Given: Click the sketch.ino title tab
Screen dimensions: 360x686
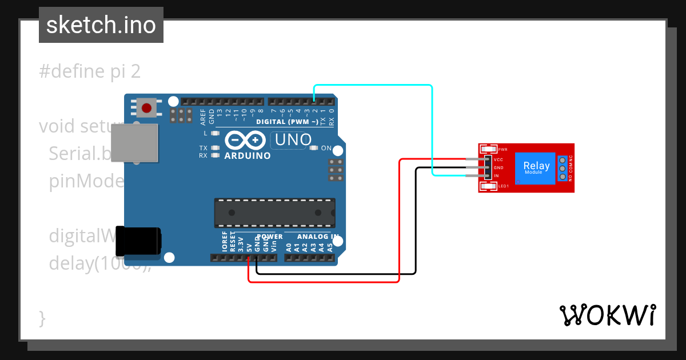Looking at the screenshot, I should pos(101,25).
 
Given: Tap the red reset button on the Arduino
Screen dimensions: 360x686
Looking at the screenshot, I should pos(147,107).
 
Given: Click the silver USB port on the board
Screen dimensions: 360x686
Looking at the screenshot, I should pos(134,143).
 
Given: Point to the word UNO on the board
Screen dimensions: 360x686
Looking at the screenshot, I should pos(293,139).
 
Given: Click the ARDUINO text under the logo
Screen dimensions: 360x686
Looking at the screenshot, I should pos(248,155).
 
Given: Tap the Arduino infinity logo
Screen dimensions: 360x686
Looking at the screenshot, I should pos(245,140).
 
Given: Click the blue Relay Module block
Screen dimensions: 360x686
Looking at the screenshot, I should pos(536,168).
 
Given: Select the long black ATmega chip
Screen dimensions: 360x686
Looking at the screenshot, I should pos(274,212).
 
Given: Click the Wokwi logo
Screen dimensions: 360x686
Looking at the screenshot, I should pos(607,315).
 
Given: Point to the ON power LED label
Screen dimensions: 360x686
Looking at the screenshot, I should pos(326,148).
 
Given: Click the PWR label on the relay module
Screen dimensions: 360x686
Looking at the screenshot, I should pos(503,150).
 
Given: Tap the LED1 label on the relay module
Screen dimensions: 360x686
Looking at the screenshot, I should pos(504,186).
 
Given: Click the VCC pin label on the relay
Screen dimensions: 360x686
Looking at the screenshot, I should pos(498,160).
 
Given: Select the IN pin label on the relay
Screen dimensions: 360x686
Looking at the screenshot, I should pos(496,175).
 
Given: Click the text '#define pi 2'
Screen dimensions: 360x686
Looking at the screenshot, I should pos(90,72).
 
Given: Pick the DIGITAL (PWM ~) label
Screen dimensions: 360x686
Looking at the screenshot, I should pos(287,122).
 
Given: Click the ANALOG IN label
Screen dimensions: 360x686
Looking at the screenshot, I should pos(318,237).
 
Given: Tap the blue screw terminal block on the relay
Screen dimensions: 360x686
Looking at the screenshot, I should pos(563,168).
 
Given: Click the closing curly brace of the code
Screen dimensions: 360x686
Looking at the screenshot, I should pos(42,318).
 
